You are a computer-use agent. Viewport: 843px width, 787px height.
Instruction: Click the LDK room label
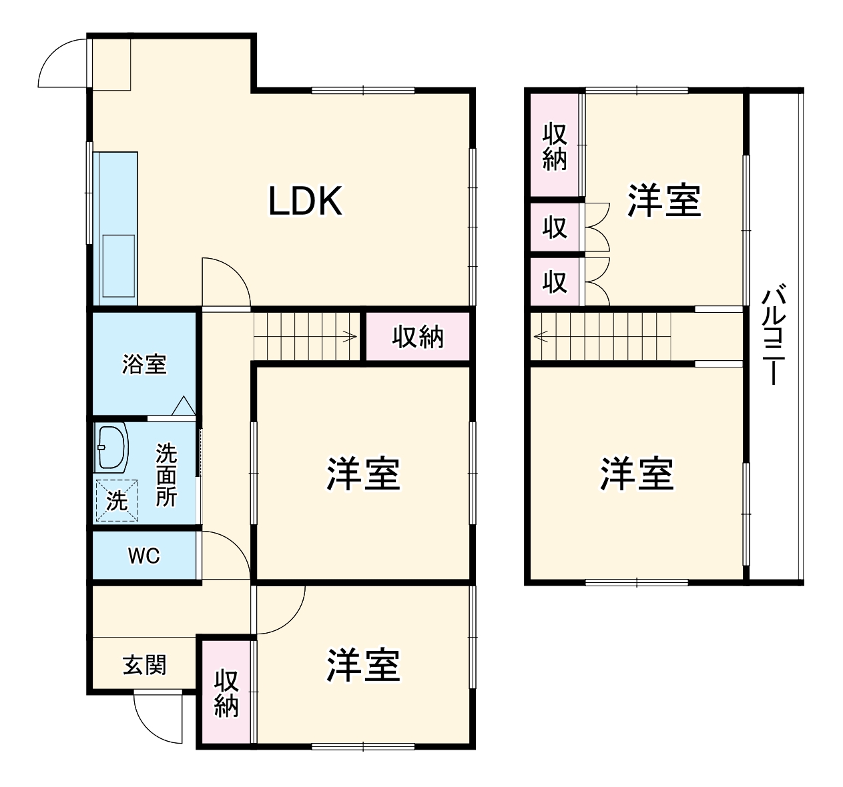coord(305,201)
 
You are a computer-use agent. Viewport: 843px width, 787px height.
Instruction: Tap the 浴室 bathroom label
coord(144,365)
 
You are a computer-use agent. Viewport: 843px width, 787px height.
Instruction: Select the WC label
coord(144,556)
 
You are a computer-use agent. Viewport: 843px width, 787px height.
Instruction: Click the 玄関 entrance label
coord(144,665)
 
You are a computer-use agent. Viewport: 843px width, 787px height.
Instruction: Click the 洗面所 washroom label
coord(166,476)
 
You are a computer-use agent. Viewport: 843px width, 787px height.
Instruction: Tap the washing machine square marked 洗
coord(117,500)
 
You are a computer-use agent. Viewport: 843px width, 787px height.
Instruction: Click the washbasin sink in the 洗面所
coord(112,447)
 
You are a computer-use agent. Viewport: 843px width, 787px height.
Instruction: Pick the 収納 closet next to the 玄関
coord(226,693)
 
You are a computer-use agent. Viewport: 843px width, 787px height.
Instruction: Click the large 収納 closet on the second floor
coord(555,146)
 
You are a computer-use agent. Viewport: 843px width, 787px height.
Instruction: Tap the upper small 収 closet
coord(555,227)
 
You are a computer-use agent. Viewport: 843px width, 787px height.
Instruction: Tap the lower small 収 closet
coord(555,282)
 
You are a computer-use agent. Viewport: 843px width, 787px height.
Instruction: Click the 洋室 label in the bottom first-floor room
coord(363,665)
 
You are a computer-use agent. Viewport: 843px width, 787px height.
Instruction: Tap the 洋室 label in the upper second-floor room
coord(663,201)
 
